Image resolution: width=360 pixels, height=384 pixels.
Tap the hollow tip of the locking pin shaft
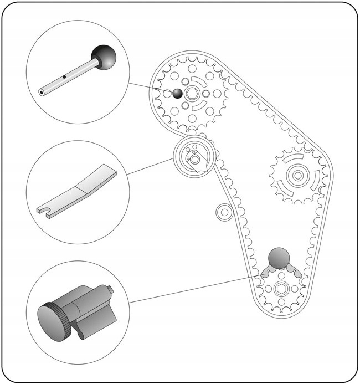pos(42,93)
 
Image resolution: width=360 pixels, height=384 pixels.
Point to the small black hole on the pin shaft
pos(65,76)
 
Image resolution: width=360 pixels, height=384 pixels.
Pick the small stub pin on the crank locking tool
pos(110,289)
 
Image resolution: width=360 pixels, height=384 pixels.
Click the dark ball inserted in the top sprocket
pos(177,93)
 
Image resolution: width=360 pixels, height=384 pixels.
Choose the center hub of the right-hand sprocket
pos(297,176)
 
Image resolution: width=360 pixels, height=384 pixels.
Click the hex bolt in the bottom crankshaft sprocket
pos(280,290)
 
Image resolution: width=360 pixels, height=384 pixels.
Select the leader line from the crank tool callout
pos(194,288)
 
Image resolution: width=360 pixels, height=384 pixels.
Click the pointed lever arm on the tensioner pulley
pos(207,165)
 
